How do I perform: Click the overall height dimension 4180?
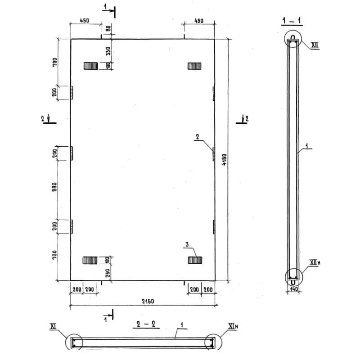pyautogui.click(x=224, y=160)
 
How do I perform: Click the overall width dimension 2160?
pyautogui.click(x=148, y=301)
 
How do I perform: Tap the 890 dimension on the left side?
pyautogui.click(x=54, y=187)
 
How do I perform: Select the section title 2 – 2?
pyautogui.click(x=146, y=324)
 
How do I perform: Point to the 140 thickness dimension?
pyautogui.click(x=294, y=289)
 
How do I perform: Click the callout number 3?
pyautogui.click(x=187, y=244)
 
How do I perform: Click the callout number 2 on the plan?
pyautogui.click(x=198, y=137)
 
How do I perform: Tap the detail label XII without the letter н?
pyautogui.click(x=315, y=45)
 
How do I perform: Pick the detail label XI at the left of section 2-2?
pyautogui.click(x=53, y=326)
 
